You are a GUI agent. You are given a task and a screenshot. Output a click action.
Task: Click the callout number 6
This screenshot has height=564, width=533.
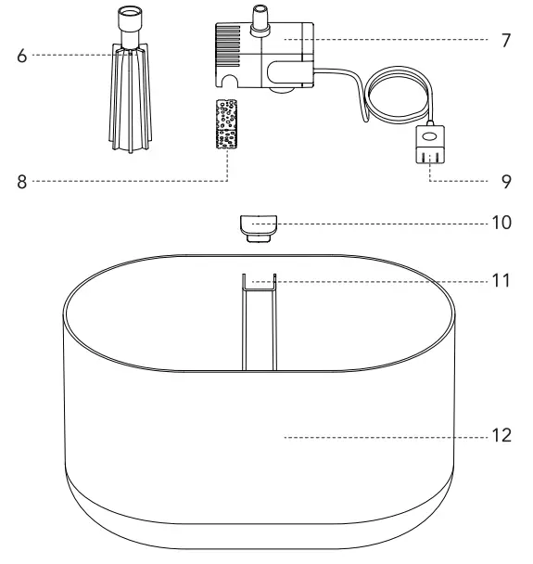coord(21,56)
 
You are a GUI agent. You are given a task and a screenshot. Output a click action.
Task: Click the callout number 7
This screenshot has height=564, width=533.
coord(505,41)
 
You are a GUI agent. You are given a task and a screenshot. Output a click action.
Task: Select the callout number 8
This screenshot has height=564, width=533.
coord(21,182)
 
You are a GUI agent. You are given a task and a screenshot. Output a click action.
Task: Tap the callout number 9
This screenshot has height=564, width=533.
coord(506,182)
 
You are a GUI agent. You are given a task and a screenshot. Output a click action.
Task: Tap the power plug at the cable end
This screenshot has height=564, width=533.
coord(427,143)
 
